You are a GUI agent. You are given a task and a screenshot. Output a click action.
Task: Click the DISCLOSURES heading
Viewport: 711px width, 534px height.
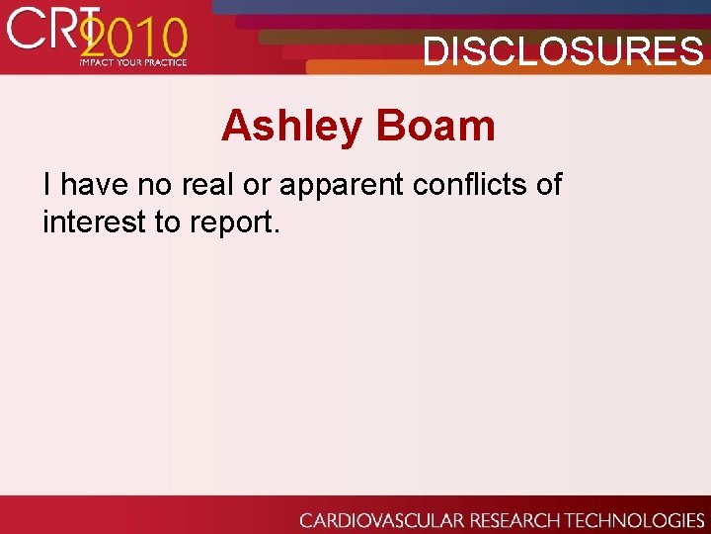pos(563,50)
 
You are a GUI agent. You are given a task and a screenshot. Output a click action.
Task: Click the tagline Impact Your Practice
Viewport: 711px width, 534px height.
pos(133,62)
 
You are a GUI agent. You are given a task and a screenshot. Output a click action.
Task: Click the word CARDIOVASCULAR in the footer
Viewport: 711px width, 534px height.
pos(379,520)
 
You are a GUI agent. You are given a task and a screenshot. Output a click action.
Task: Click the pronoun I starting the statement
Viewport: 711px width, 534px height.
pos(48,184)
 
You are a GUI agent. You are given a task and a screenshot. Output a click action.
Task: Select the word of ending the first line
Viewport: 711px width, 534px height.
pos(547,184)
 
